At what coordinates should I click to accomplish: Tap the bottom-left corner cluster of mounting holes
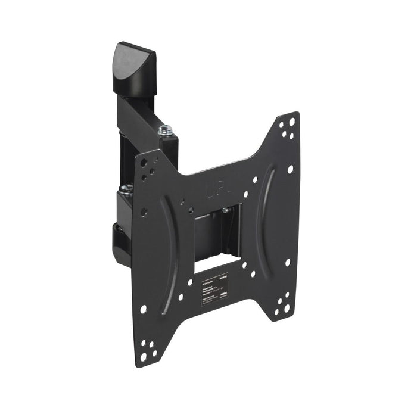[x=148, y=351]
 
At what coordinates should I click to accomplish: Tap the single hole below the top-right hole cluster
[x=290, y=169]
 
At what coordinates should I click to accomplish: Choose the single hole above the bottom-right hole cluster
[x=287, y=262]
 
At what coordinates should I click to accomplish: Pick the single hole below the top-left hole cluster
[x=144, y=211]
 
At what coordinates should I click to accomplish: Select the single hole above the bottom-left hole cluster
[x=144, y=309]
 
